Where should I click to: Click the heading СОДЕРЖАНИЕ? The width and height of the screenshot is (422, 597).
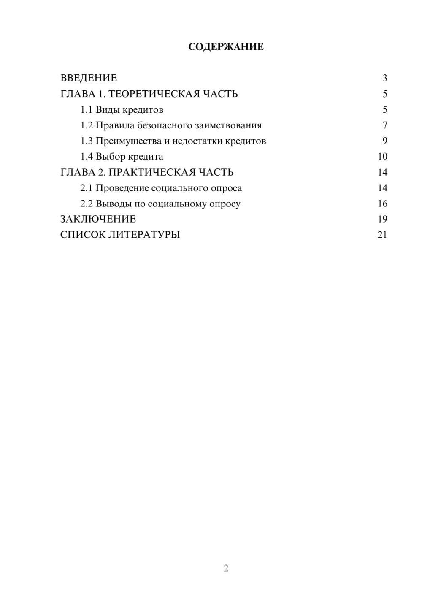click(226, 47)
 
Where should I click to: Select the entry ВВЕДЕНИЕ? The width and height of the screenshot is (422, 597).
click(89, 78)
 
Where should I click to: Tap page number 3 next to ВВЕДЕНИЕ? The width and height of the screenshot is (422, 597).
click(384, 78)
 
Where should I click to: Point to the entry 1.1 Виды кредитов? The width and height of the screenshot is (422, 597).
click(122, 110)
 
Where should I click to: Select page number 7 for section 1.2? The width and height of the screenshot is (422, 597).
click(384, 125)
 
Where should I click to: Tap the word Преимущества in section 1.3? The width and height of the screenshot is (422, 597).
click(128, 141)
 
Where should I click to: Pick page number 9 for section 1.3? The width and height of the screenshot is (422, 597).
click(384, 141)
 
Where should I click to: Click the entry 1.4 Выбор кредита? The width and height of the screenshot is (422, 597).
click(122, 157)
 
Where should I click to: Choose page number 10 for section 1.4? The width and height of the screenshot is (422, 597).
click(382, 157)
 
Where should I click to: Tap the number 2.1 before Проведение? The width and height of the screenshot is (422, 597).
click(87, 188)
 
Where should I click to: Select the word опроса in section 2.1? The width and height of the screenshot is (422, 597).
click(226, 188)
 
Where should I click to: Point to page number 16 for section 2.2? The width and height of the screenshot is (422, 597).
click(382, 204)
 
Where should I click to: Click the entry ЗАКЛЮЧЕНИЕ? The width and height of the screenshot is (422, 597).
click(98, 219)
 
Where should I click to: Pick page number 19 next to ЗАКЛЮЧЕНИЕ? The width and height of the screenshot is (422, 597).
click(382, 219)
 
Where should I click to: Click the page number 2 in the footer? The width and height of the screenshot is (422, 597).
click(226, 568)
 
